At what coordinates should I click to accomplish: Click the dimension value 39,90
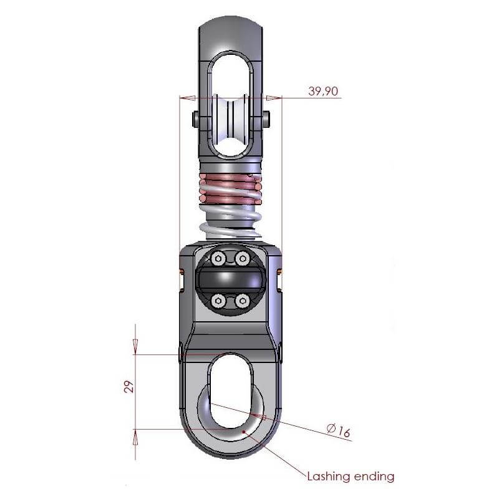point(323,91)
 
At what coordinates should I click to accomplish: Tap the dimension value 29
point(127,387)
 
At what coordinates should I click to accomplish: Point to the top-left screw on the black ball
point(218,258)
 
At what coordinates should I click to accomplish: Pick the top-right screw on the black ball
point(242,258)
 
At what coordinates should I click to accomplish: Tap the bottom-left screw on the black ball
point(218,302)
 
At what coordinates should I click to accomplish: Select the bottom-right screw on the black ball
point(242,302)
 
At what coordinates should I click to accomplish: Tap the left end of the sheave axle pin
point(195,119)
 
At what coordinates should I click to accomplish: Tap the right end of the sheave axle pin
point(267,119)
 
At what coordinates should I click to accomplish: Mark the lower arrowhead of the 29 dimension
point(136,436)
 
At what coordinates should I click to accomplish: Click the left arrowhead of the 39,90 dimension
point(187,97)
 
